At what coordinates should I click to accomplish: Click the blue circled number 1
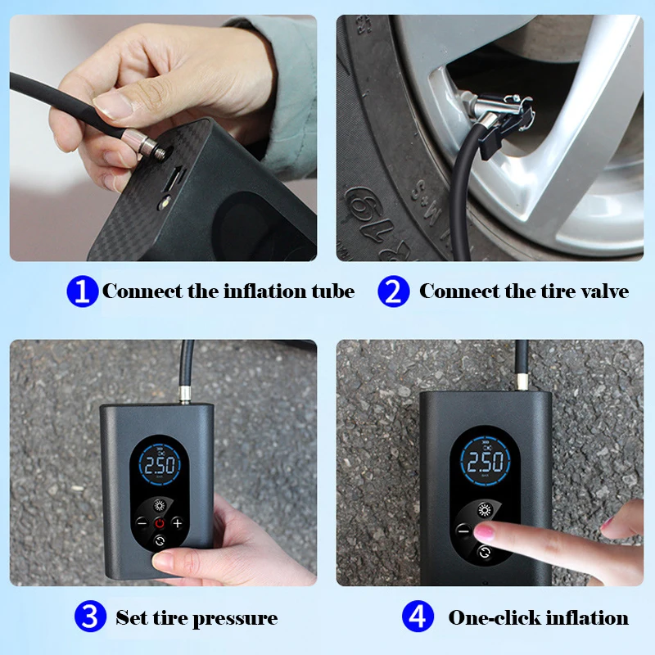click(82, 291)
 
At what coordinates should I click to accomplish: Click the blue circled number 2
click(393, 291)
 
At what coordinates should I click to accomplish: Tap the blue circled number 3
click(89, 617)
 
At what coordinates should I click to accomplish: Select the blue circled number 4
click(417, 617)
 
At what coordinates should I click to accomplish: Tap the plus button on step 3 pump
click(177, 523)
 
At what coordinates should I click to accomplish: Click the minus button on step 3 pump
click(141, 522)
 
